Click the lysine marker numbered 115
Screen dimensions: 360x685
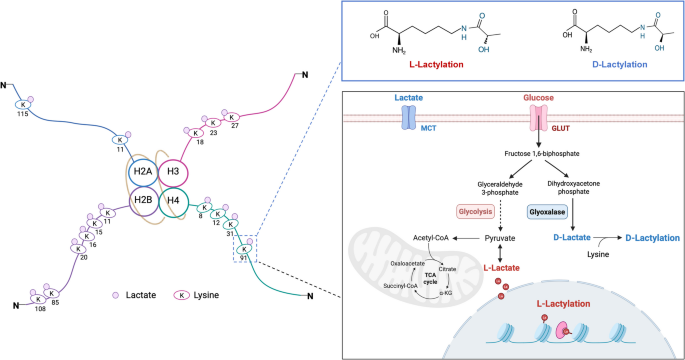point(21,105)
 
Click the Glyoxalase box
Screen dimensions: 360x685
point(549,211)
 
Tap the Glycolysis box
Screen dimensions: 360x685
point(463,211)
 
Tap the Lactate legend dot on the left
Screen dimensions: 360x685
point(115,297)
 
